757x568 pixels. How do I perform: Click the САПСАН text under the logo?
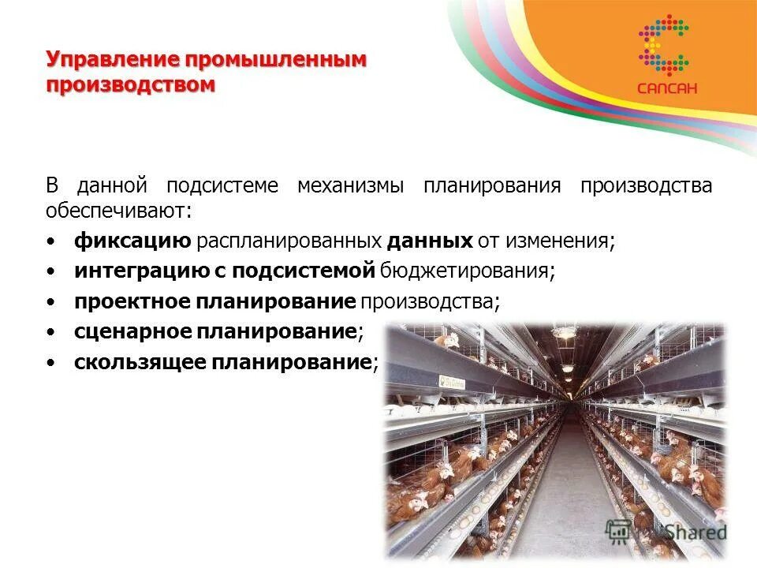[667, 88]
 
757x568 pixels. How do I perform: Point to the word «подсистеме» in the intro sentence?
[222, 186]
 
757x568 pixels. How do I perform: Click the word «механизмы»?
[350, 186]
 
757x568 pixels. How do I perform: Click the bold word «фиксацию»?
[132, 241]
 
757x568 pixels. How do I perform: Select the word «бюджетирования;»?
[468, 271]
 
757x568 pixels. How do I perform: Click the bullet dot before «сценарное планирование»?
[51, 333]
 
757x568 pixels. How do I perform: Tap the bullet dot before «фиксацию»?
[51, 241]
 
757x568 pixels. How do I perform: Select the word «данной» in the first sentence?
[113, 186]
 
